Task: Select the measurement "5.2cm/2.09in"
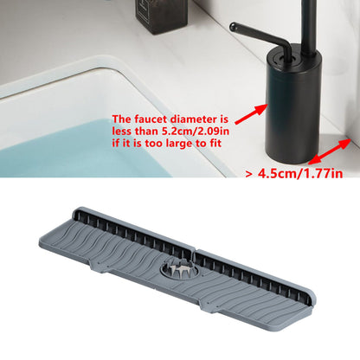coord(196,132)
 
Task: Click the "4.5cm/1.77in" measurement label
coord(300,173)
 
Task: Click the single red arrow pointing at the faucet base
coord(252,114)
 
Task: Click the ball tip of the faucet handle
coord(233,27)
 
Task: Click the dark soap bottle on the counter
coord(162,13)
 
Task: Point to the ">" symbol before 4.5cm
coord(250,174)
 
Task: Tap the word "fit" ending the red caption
coord(215,144)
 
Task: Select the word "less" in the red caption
coord(121,132)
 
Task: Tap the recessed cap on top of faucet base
coord(285,57)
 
